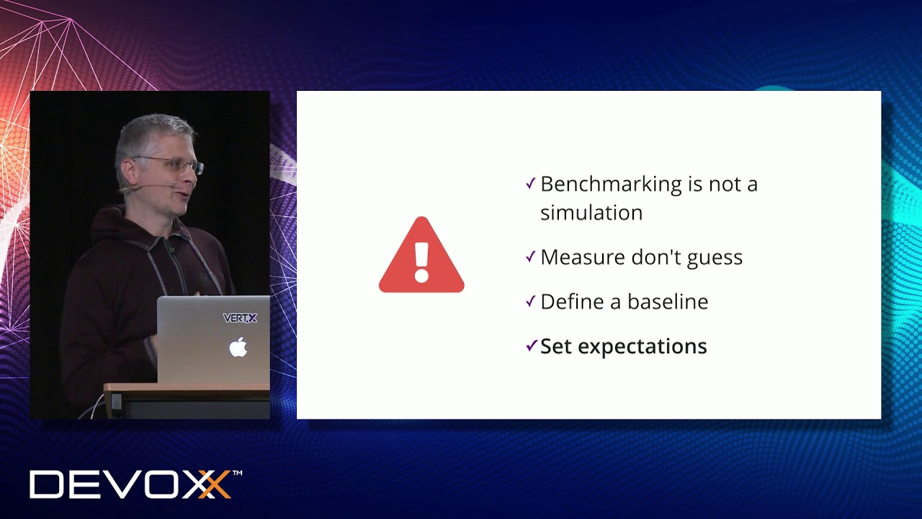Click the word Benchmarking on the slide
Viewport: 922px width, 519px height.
click(x=611, y=185)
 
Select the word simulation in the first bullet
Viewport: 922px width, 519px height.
click(x=591, y=213)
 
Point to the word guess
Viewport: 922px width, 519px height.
click(x=714, y=258)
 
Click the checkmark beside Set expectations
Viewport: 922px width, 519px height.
click(x=531, y=346)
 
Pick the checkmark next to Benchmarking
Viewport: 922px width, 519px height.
click(x=531, y=184)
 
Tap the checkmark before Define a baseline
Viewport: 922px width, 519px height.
click(x=531, y=301)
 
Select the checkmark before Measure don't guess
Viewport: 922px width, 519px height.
click(x=531, y=257)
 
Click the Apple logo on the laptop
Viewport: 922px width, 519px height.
click(x=238, y=347)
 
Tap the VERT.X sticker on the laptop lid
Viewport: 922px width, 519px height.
click(x=240, y=318)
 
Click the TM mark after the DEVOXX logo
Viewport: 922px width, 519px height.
click(x=237, y=474)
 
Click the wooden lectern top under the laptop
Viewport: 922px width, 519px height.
click(x=187, y=389)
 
